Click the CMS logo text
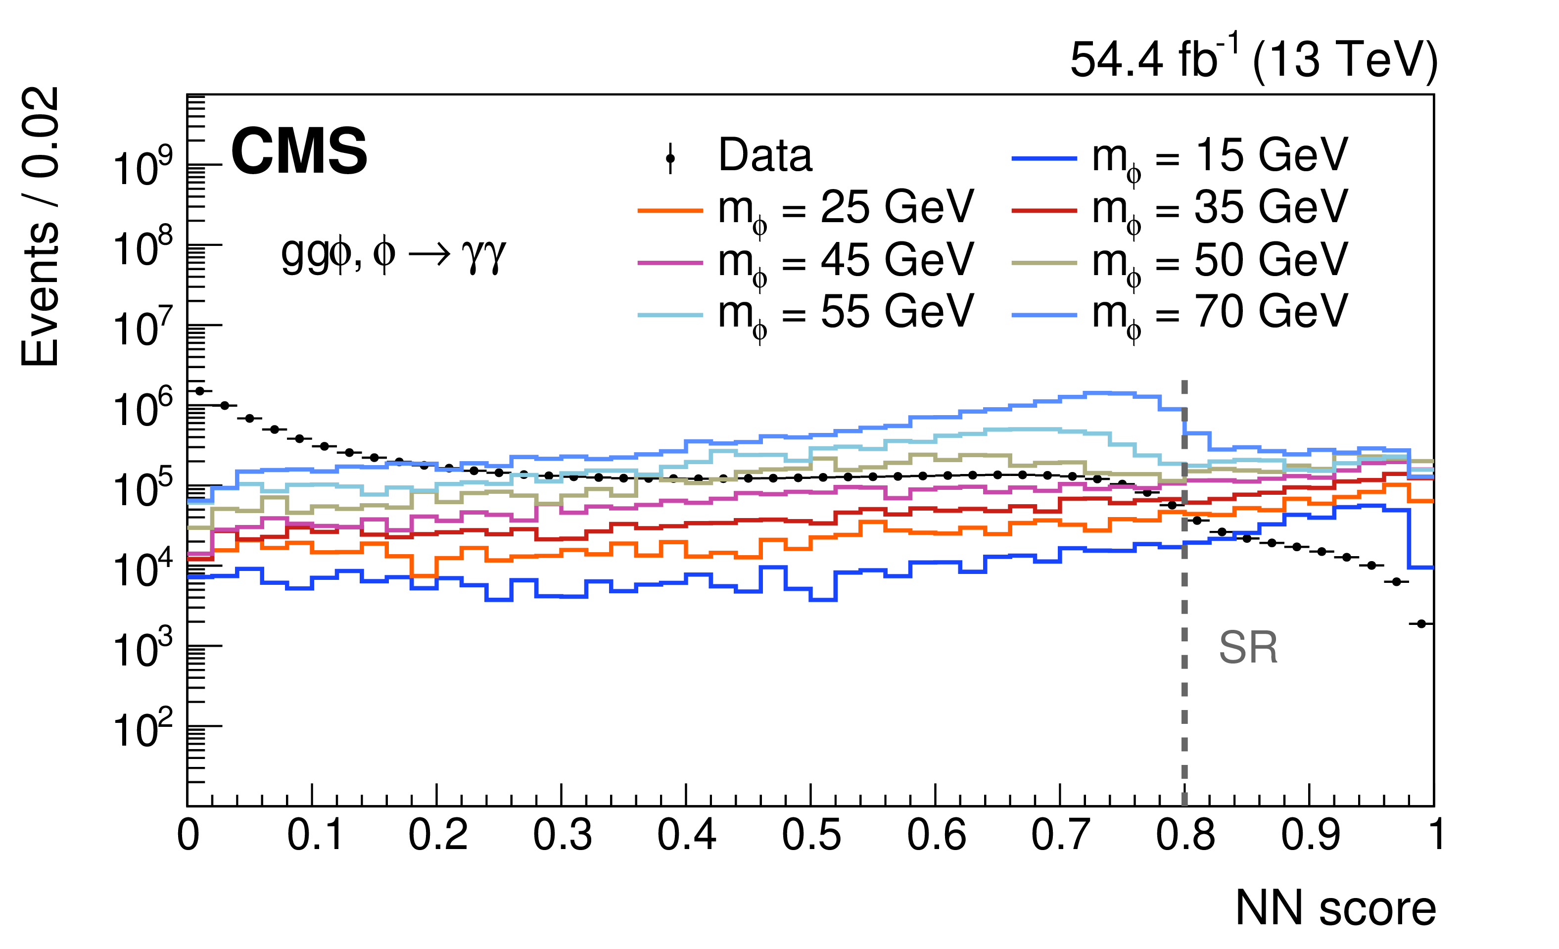299,152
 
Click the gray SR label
1248,648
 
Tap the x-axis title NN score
1335,908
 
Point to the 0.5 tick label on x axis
811,835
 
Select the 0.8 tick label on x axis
1185,835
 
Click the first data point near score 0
200,391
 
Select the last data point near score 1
1421,624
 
